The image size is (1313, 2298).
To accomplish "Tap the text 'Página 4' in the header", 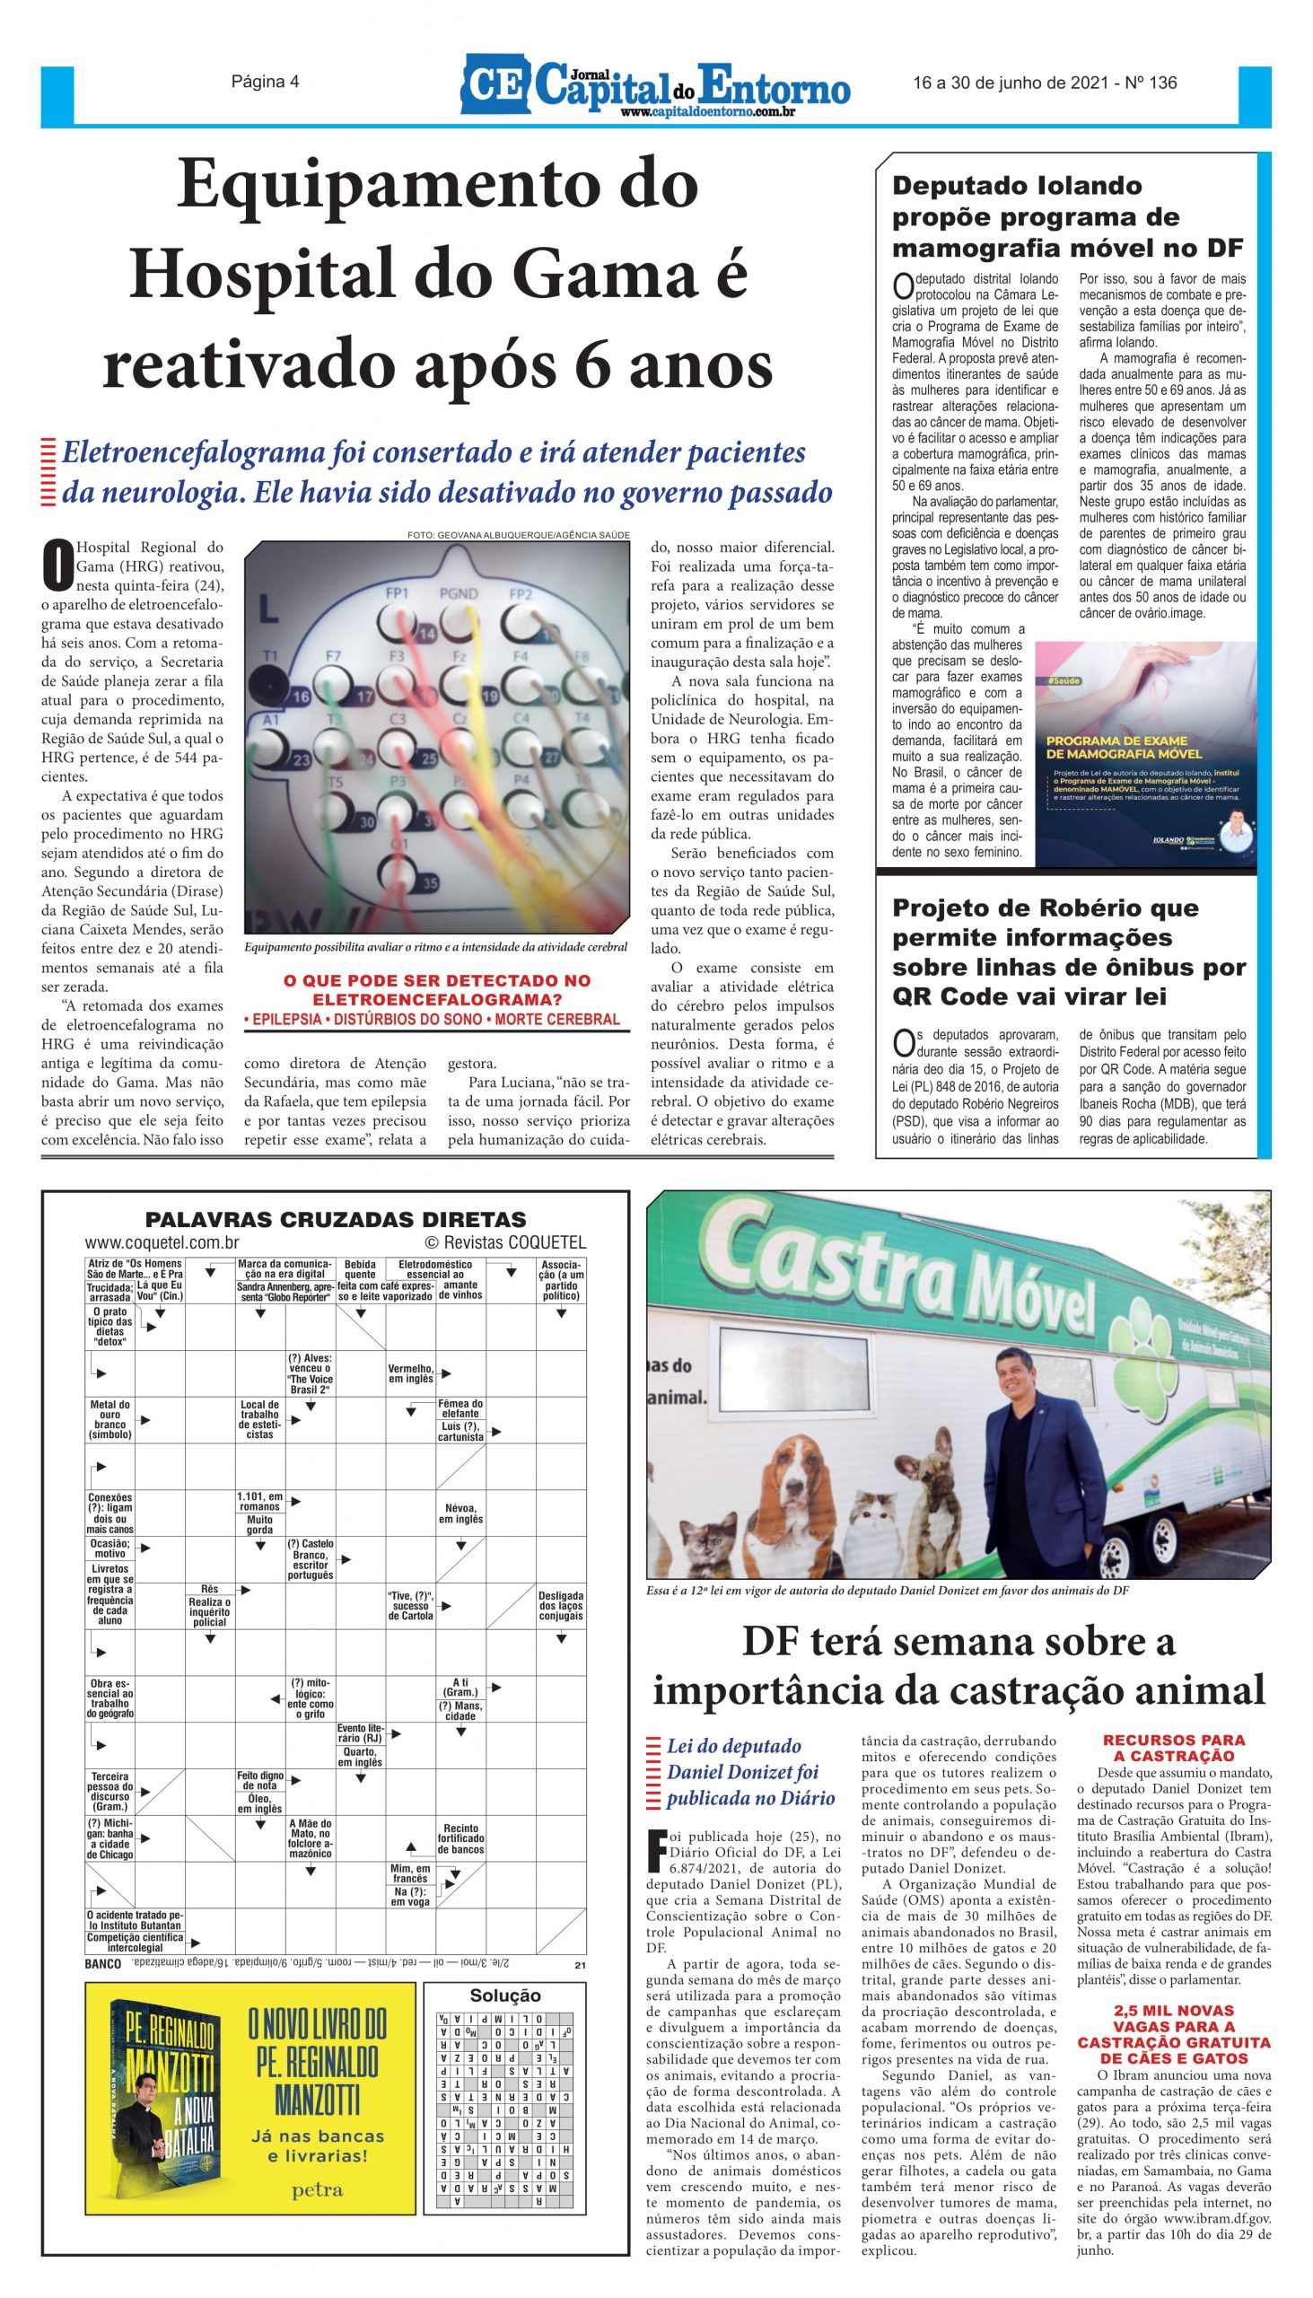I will click(265, 82).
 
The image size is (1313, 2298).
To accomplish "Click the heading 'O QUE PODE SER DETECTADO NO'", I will click(436, 980).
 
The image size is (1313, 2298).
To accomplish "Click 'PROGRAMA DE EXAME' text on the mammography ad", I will click(1116, 741).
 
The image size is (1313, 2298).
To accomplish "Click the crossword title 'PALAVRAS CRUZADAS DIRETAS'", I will click(336, 1219).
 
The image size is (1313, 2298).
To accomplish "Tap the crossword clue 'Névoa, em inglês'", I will click(460, 1513).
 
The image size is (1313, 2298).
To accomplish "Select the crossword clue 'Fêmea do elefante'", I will click(460, 1408).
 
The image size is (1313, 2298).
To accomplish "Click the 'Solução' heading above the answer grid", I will click(505, 1995).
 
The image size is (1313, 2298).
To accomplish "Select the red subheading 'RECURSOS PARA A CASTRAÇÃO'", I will click(1173, 1748).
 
